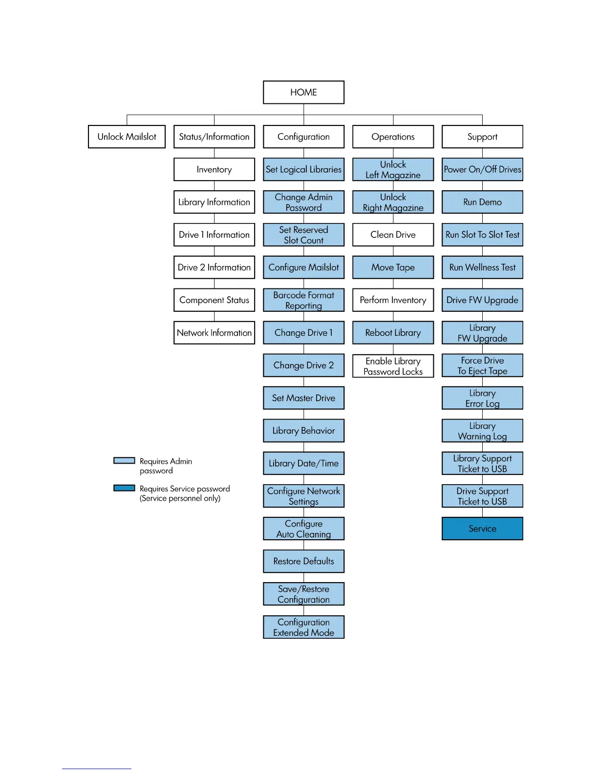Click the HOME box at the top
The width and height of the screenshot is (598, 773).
(303, 92)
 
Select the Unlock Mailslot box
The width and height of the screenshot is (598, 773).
(127, 137)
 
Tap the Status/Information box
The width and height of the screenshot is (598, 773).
(214, 137)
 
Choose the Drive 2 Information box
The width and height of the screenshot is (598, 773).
(214, 267)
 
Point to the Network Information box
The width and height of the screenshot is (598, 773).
(214, 333)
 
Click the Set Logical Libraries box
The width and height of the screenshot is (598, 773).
(303, 169)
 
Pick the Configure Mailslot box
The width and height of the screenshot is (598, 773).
(303, 267)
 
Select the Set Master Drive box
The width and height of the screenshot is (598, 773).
(303, 398)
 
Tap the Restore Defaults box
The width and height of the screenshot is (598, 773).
(303, 561)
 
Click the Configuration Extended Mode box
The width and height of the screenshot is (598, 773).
(303, 627)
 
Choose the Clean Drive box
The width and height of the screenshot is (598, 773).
(393, 235)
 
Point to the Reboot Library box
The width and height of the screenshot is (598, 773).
(393, 333)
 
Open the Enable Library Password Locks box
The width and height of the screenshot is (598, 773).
(393, 366)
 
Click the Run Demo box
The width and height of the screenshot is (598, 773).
(482, 202)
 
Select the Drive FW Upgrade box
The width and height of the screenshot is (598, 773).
(482, 300)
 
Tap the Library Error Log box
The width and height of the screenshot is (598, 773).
(482, 398)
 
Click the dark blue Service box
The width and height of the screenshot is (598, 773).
(482, 529)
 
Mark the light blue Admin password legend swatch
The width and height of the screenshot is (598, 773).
(124, 461)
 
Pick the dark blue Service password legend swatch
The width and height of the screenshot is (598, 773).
(124, 488)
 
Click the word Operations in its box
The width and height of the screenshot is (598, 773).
(393, 137)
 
